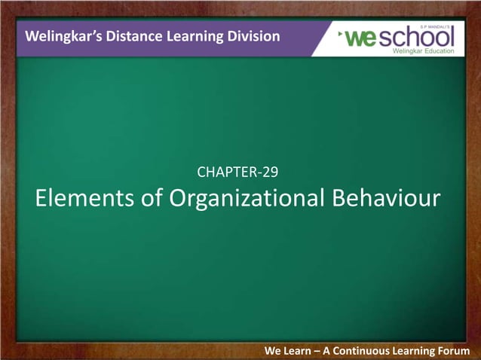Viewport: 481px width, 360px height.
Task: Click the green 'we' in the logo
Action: (x=361, y=38)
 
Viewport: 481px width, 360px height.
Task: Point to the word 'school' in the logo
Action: (x=415, y=38)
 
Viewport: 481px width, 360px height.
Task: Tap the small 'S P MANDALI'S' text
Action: (x=438, y=25)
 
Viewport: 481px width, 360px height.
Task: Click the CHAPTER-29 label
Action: (x=238, y=172)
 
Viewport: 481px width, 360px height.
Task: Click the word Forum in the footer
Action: (x=452, y=351)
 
